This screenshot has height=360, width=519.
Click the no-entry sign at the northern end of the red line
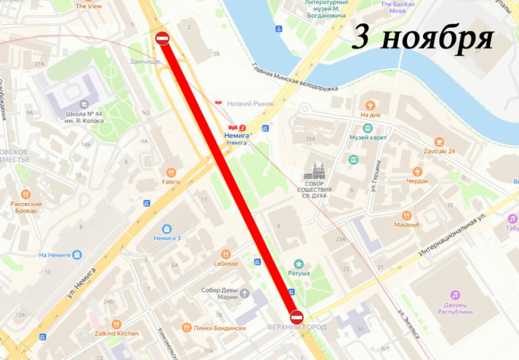click(162, 38)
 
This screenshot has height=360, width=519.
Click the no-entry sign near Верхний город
click(296, 317)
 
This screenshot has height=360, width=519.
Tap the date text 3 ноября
click(422, 38)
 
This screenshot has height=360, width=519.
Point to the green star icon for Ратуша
click(299, 263)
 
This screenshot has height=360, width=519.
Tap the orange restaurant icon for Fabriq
click(171, 172)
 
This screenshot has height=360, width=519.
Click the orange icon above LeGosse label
click(225, 254)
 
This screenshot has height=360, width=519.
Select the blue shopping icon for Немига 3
click(167, 229)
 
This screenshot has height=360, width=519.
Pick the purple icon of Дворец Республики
click(455, 295)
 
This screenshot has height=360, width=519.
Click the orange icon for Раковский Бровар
click(25, 194)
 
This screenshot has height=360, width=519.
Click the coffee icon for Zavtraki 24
click(439, 142)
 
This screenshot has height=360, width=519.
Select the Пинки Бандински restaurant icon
click(187, 327)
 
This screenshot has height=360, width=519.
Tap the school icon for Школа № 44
click(84, 104)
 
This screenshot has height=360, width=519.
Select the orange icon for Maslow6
click(407, 216)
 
